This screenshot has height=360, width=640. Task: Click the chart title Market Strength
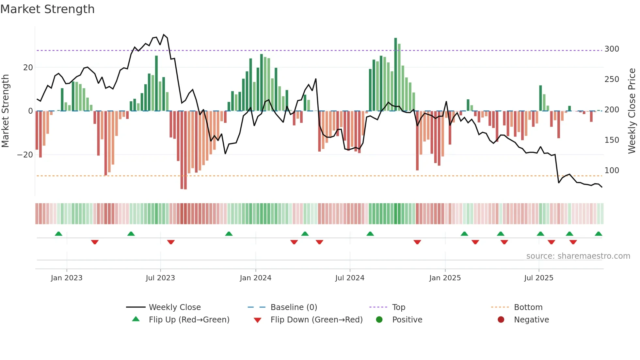(x=47, y=9)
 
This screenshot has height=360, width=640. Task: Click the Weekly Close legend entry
(x=174, y=307)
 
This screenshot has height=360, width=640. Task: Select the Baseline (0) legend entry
(x=294, y=307)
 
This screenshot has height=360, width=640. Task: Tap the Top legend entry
(x=398, y=307)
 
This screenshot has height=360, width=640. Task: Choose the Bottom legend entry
(x=528, y=307)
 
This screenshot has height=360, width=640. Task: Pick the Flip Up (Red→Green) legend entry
(x=189, y=319)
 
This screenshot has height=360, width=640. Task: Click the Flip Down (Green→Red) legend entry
(x=316, y=319)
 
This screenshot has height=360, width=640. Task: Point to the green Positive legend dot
(x=379, y=319)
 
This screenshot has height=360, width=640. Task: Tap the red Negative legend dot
(x=501, y=319)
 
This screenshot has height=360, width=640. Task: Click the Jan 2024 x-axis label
(x=255, y=278)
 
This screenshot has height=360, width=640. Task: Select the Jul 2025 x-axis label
(x=538, y=278)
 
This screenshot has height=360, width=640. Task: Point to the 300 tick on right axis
(x=612, y=49)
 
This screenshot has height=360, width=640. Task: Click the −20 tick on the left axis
(x=25, y=155)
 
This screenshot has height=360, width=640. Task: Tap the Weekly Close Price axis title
(x=632, y=111)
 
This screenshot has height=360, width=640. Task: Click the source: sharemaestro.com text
(x=578, y=256)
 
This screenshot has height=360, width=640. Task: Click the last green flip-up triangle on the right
(x=598, y=234)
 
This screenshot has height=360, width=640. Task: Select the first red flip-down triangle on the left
(x=95, y=242)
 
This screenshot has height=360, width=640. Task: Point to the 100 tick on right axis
(x=612, y=171)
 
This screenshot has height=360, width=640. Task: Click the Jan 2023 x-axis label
(x=67, y=278)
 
